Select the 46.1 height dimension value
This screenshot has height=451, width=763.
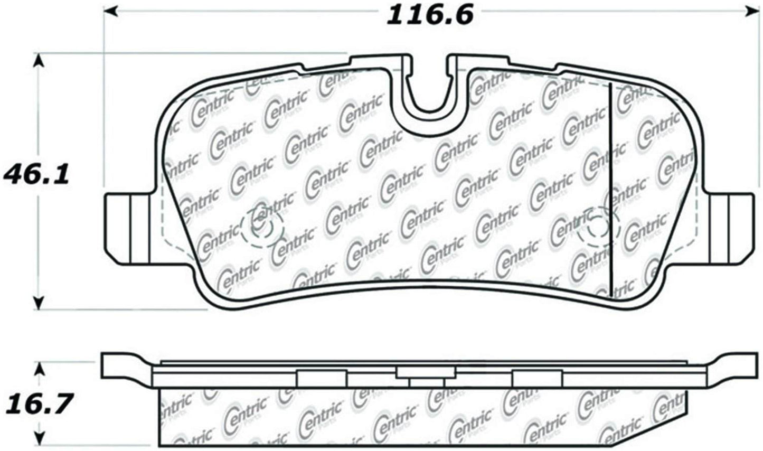36,175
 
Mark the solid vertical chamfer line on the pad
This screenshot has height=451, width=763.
610,190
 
